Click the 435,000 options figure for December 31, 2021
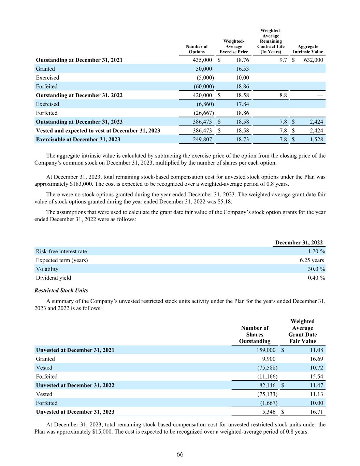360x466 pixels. pyautogui.click(x=202, y=60)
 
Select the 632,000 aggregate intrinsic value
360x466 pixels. pyautogui.click(x=313, y=60)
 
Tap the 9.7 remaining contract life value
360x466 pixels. pyautogui.click(x=283, y=60)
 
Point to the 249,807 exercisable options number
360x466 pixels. pyautogui.click(x=202, y=139)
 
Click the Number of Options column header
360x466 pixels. pyautogui.click(x=197, y=49)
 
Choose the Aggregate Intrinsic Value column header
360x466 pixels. pyautogui.click(x=307, y=49)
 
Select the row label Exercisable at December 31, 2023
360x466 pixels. pyautogui.click(x=78, y=139)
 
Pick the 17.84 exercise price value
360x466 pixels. pyautogui.click(x=242, y=104)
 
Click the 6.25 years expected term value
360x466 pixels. pyautogui.click(x=312, y=260)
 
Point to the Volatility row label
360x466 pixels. pyautogui.click(x=47, y=269)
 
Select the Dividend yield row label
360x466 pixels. pyautogui.click(x=54, y=278)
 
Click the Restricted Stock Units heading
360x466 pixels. pyautogui.click(x=61, y=291)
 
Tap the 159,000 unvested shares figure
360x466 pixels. pyautogui.click(x=266, y=350)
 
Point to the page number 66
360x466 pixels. pyautogui.click(x=180, y=454)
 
